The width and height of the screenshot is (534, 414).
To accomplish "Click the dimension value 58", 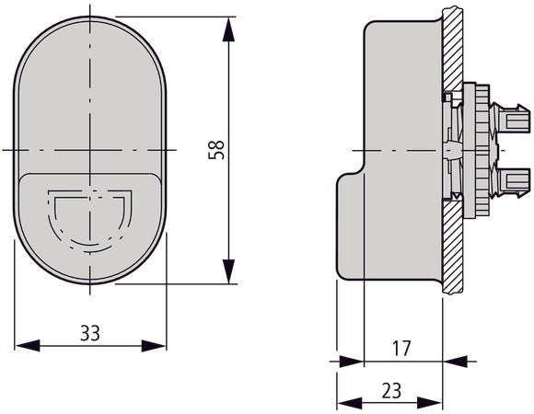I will [x=216, y=149].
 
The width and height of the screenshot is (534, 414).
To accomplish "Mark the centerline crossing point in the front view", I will [x=89, y=149].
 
